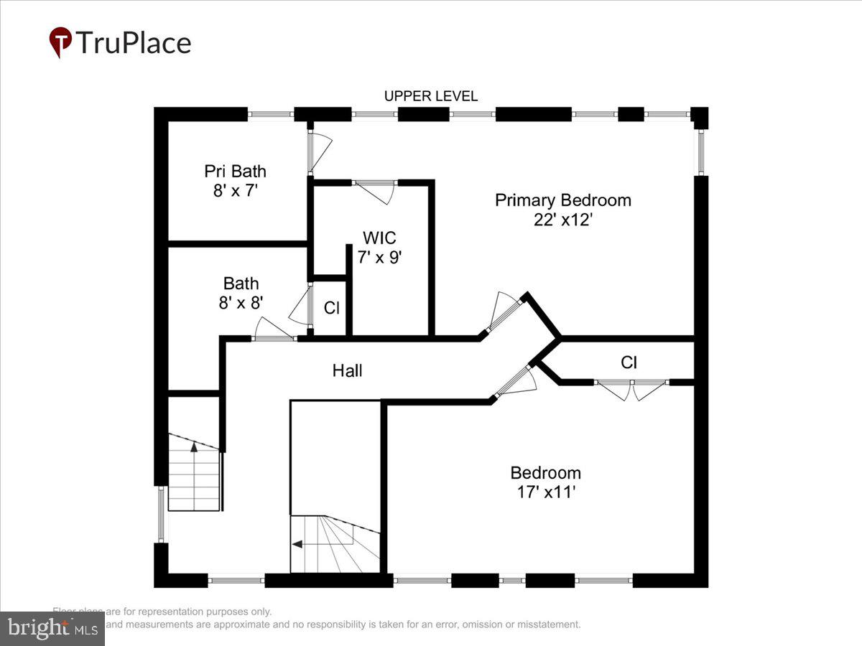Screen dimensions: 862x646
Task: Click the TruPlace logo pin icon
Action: (60, 42)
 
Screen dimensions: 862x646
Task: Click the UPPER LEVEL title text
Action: (430, 96)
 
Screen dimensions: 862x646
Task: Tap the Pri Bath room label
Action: (235, 171)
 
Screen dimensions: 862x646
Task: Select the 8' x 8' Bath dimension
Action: (241, 303)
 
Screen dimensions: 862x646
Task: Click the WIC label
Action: (379, 238)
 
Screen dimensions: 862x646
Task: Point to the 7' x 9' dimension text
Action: (381, 257)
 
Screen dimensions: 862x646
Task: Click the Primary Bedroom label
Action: (562, 200)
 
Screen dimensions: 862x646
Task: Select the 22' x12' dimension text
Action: (562, 220)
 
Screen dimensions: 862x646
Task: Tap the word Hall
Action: (347, 370)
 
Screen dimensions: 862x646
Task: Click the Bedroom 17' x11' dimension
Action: (545, 492)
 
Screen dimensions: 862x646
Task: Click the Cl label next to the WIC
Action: (331, 308)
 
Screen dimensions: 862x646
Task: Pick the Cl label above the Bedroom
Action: (629, 362)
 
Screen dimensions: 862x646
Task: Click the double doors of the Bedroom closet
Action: (632, 388)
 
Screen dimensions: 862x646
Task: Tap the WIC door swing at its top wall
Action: (376, 190)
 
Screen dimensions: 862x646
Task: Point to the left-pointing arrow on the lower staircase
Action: (297, 544)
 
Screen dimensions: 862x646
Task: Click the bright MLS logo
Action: (52, 628)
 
